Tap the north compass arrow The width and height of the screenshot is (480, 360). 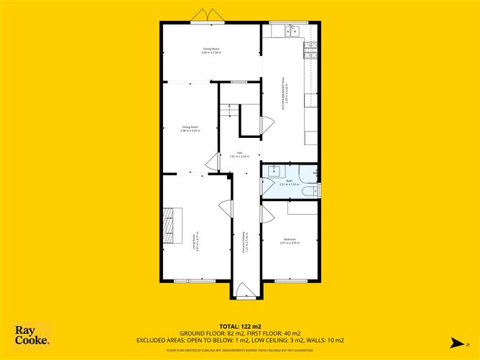[x=447, y=340]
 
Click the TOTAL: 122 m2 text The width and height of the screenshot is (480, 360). [x=240, y=327]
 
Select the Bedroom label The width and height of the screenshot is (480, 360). [x=290, y=241]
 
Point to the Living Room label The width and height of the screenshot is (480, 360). [x=195, y=241]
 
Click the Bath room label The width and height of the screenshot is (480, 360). [x=288, y=183]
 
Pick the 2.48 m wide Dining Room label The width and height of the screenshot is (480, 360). [x=190, y=129]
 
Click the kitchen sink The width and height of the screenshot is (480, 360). [x=290, y=30]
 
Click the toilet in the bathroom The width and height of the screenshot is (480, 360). [x=310, y=192]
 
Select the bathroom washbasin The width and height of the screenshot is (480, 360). [x=275, y=171]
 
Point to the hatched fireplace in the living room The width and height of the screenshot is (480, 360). [x=170, y=225]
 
